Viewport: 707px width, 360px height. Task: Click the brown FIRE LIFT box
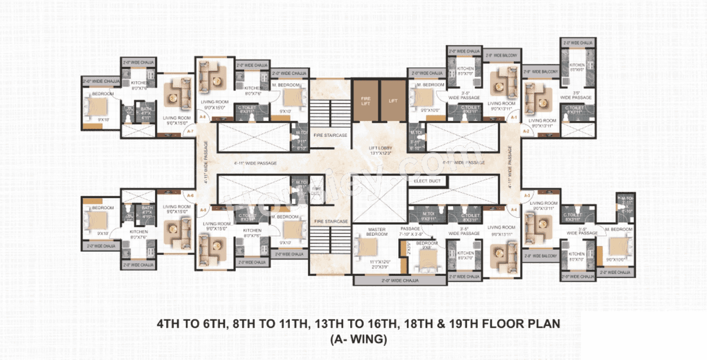(x=366, y=100)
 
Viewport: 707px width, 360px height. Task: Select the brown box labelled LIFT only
(x=393, y=100)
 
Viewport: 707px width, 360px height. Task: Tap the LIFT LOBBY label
(x=381, y=149)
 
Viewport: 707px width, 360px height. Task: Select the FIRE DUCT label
(x=316, y=190)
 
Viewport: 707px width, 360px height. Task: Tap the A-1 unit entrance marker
(x=514, y=118)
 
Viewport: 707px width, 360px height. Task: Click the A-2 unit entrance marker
(x=526, y=131)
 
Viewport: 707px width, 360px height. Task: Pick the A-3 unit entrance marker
(x=526, y=195)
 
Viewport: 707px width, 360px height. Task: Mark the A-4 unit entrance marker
(x=514, y=209)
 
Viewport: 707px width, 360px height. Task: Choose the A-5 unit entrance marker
(x=203, y=210)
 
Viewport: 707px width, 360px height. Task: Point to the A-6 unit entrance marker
(x=190, y=195)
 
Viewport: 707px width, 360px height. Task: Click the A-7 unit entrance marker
(x=190, y=131)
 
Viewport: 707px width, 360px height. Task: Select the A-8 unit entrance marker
(x=203, y=118)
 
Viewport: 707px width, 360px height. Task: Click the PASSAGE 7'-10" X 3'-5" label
(x=410, y=231)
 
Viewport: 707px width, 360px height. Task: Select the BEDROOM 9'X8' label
(x=427, y=245)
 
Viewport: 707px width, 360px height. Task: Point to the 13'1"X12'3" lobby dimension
(x=381, y=154)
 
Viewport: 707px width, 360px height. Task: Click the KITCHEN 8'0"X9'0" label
(x=577, y=67)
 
